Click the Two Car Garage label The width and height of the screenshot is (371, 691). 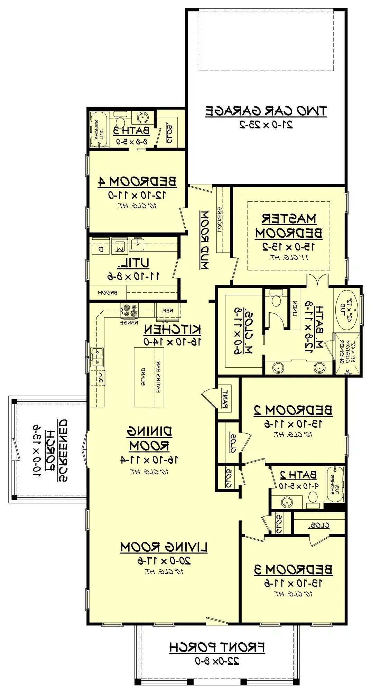(266, 111)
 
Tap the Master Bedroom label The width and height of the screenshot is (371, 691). (289, 226)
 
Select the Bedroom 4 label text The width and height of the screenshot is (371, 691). (137, 181)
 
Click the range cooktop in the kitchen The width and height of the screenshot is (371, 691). (129, 311)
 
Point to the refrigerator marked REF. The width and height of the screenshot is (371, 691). (168, 311)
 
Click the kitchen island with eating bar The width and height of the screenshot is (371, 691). (149, 377)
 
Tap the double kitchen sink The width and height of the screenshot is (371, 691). (97, 357)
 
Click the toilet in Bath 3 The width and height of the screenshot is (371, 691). (120, 122)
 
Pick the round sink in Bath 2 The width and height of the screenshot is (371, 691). (287, 501)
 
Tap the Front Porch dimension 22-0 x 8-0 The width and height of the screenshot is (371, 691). (217, 661)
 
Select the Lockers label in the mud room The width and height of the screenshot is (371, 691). (220, 220)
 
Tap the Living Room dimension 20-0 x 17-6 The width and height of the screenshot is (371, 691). (164, 560)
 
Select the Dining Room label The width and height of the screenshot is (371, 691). (149, 438)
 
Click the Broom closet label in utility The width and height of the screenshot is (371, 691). (108, 293)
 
